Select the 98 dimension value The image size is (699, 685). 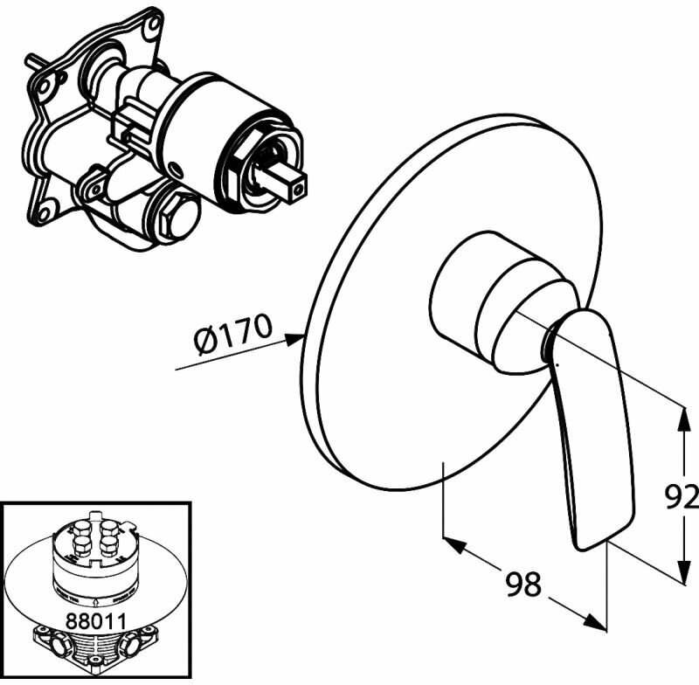[523, 584]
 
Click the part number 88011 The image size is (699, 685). [95, 619]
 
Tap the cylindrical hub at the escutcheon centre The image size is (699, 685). [472, 297]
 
